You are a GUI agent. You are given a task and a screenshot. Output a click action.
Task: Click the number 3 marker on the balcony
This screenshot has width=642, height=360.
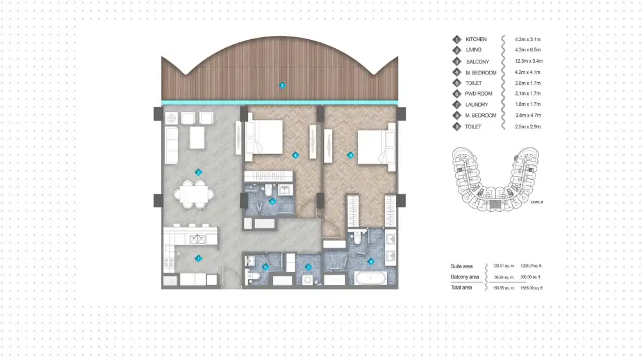click(x=281, y=85)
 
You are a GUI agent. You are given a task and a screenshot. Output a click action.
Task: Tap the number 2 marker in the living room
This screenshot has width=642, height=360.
click(x=199, y=172)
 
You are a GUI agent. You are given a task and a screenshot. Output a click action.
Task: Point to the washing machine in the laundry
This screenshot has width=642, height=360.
click(x=308, y=280)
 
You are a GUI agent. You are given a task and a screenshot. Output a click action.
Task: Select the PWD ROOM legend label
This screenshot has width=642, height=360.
click(x=478, y=94)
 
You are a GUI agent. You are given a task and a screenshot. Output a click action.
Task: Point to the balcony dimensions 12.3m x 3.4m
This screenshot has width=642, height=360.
click(x=528, y=61)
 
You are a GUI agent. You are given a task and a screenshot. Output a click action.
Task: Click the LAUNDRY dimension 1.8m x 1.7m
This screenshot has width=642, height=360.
click(x=528, y=105)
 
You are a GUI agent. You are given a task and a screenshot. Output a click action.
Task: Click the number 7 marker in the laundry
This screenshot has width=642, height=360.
click(x=308, y=267)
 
